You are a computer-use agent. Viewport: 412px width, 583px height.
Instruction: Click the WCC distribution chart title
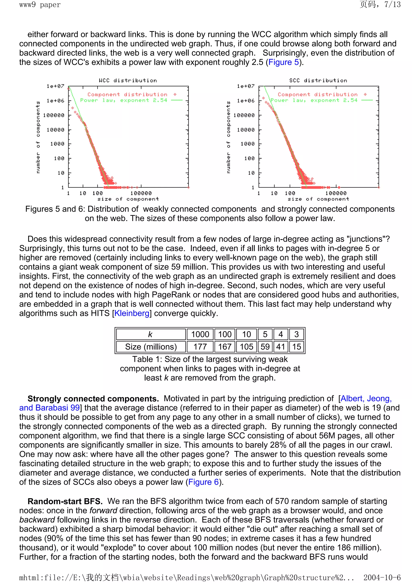click(x=128, y=80)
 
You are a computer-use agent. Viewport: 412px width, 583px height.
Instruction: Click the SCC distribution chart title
click(x=318, y=80)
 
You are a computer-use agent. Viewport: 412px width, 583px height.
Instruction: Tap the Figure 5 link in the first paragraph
click(x=283, y=62)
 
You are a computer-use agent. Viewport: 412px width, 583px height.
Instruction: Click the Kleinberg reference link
click(x=132, y=313)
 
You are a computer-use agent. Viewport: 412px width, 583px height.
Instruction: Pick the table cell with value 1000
click(x=200, y=334)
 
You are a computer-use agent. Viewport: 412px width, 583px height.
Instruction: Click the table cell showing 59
click(x=265, y=347)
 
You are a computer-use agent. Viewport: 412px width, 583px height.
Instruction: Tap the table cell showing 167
click(x=225, y=347)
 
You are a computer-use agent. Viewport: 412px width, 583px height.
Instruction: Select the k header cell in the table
click(x=150, y=334)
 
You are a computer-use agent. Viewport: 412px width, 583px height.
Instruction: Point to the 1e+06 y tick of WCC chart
click(x=55, y=101)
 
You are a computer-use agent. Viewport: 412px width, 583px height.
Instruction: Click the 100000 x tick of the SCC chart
click(x=336, y=193)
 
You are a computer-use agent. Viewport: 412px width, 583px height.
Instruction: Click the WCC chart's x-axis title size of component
click(x=128, y=199)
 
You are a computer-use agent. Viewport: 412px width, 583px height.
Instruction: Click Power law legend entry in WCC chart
click(x=124, y=100)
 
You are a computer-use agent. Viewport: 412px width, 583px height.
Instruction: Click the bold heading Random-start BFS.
click(x=65, y=502)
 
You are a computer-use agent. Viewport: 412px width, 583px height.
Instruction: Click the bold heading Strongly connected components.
click(x=93, y=399)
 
